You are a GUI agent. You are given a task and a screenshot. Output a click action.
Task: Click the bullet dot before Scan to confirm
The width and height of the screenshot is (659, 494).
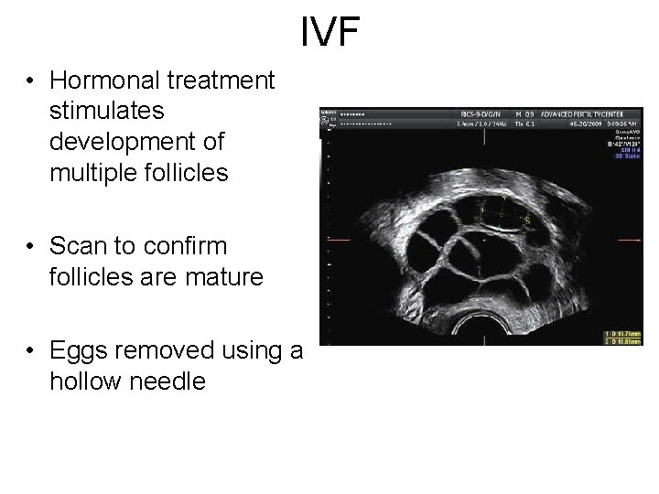click(x=31, y=248)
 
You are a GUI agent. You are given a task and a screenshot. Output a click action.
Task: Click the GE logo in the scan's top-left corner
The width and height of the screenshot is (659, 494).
click(x=325, y=118)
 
